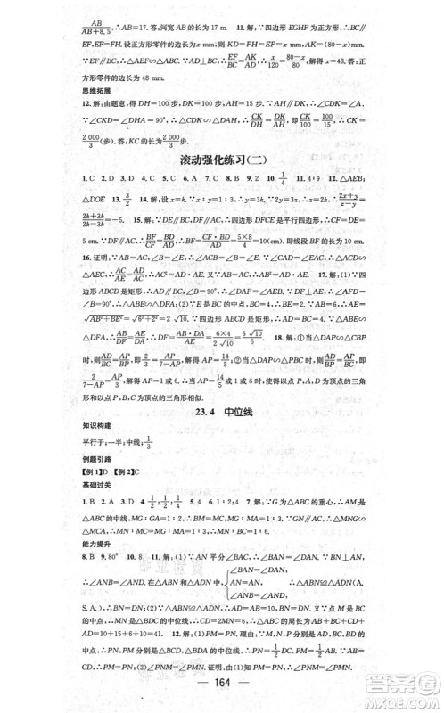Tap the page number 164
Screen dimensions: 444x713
pos(222,693)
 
